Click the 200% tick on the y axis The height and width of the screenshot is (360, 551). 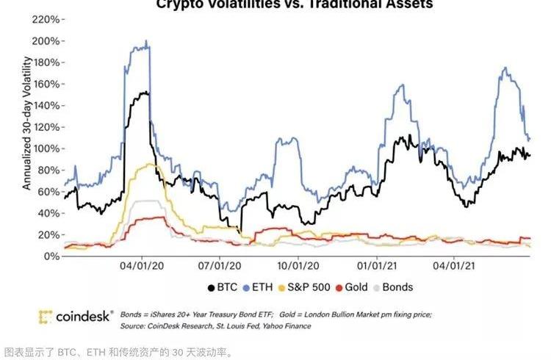[43, 40]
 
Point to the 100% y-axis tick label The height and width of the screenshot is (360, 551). [43, 148]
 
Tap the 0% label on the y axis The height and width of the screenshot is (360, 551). [49, 256]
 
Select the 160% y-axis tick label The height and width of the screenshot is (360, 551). [43, 84]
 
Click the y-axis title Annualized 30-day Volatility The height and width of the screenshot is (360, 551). [27, 128]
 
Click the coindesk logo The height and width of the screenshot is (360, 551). [76, 317]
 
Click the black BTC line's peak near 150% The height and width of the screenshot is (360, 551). [145, 93]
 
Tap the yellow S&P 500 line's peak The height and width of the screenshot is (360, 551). [150, 164]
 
